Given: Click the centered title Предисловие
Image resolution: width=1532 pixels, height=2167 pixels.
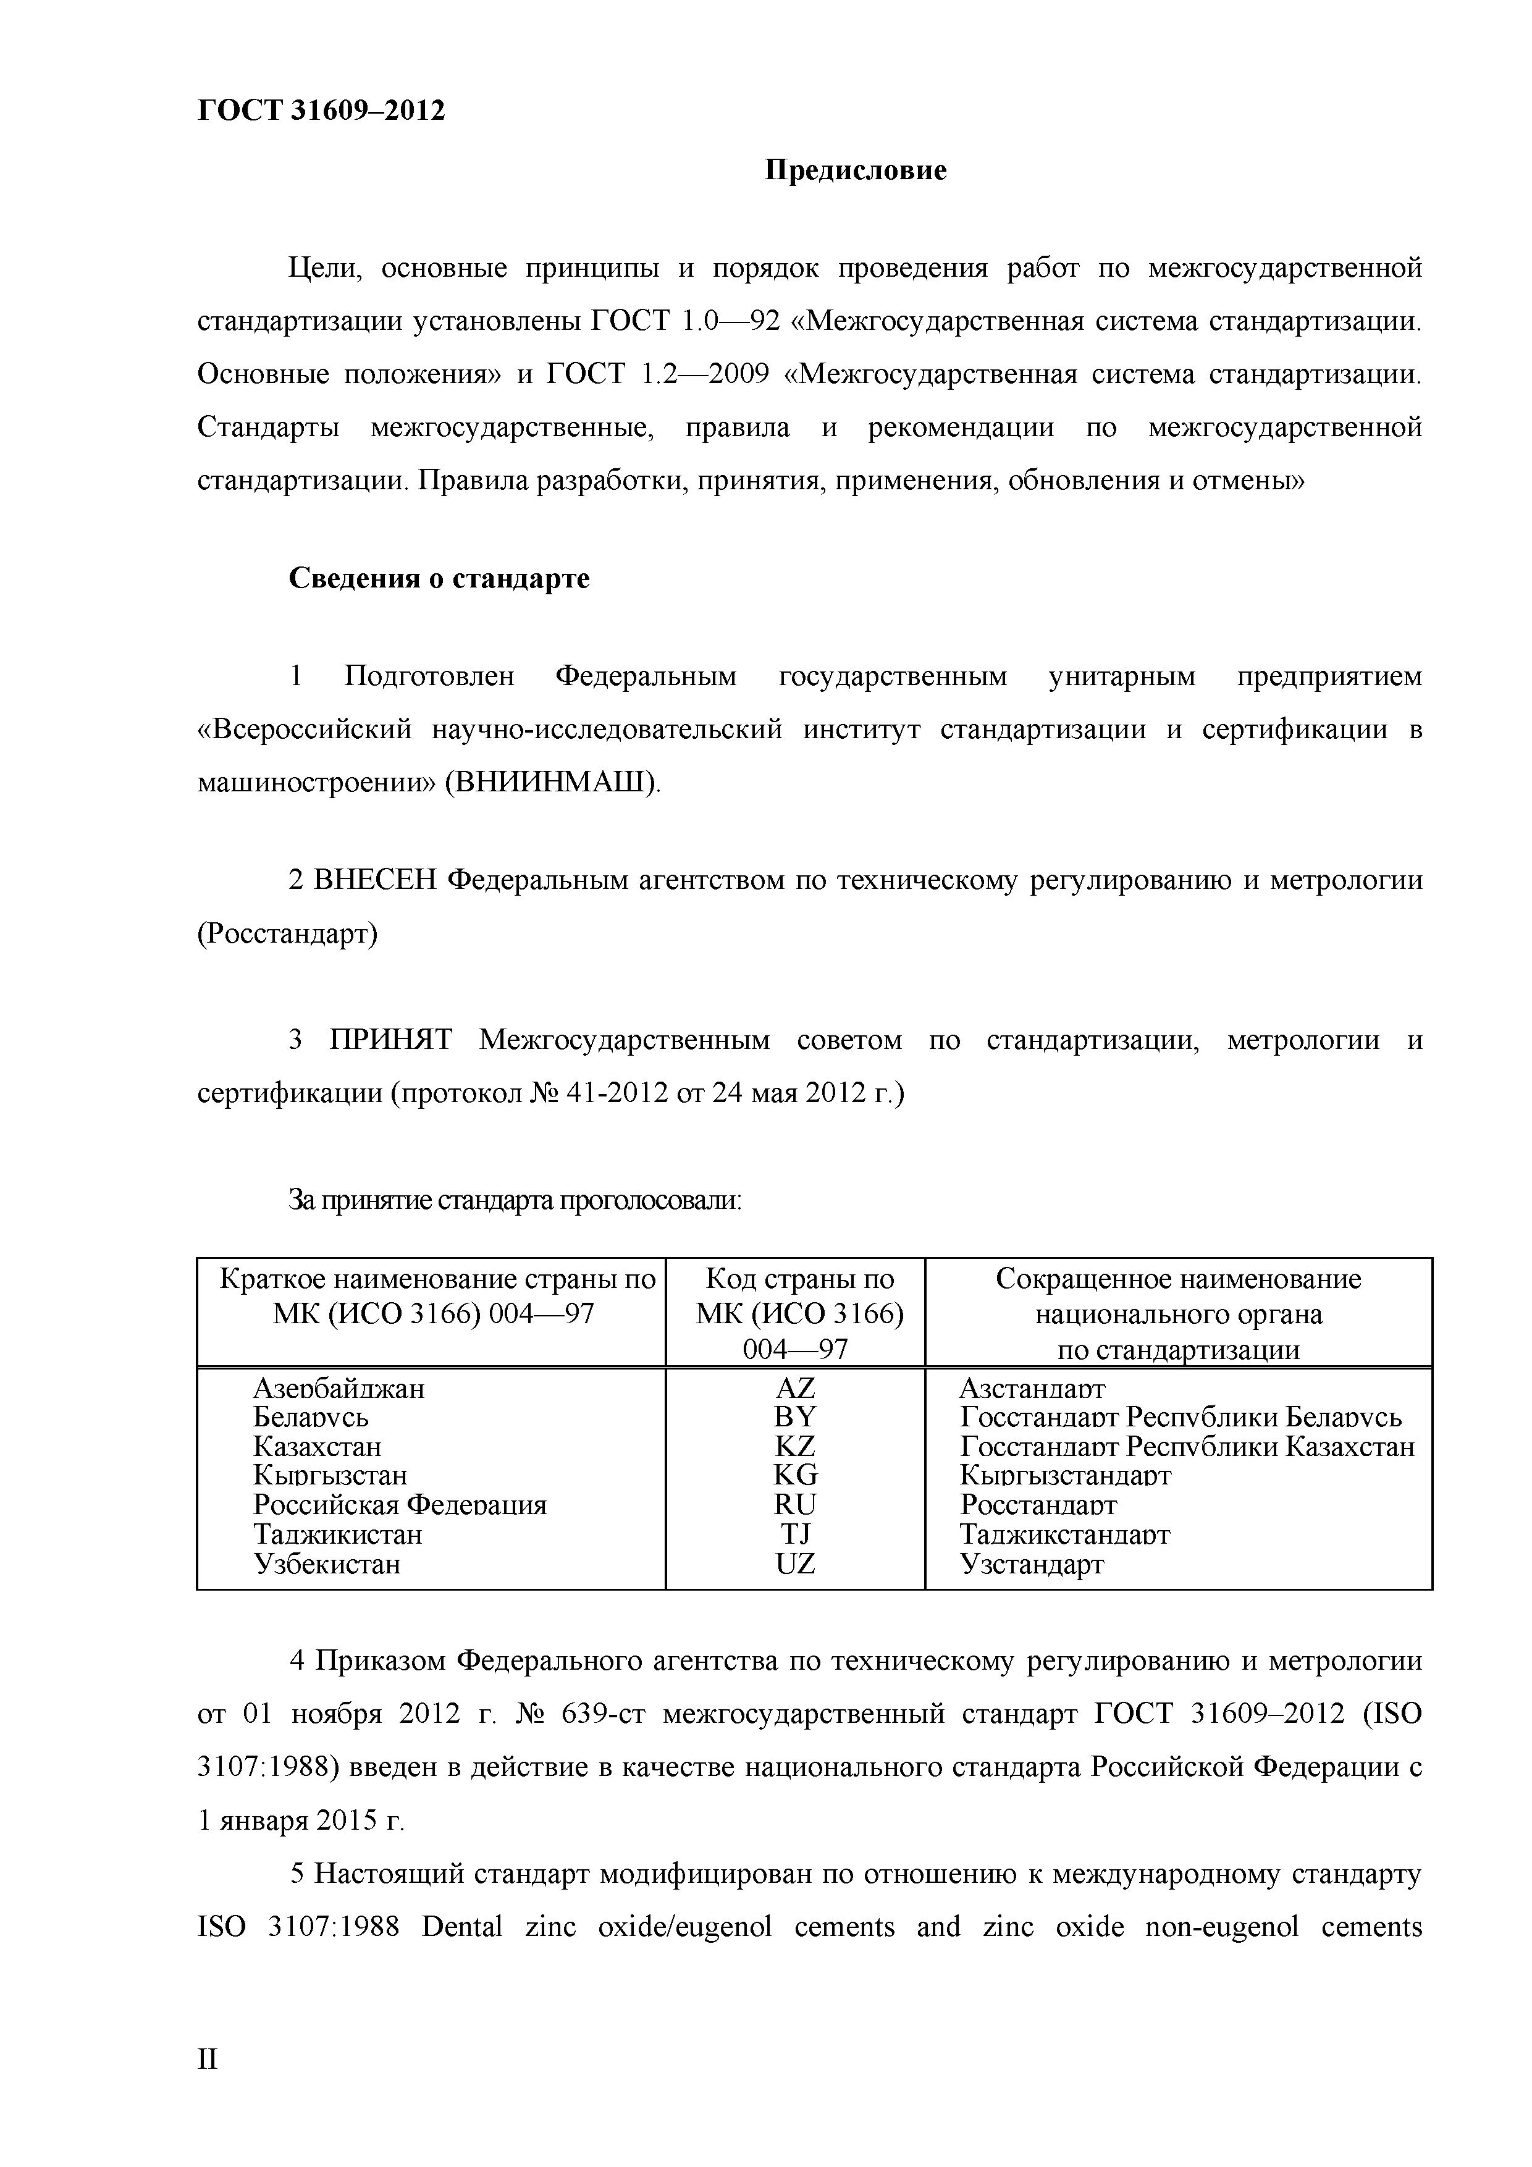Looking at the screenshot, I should click(854, 171).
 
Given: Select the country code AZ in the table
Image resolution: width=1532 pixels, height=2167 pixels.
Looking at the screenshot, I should click(795, 1389).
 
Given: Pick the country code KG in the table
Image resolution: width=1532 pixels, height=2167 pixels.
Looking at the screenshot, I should click(795, 1475).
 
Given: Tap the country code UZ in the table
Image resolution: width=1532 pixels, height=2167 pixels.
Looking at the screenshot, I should click(795, 1564).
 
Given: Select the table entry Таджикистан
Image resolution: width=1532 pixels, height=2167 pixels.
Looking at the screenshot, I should click(337, 1534).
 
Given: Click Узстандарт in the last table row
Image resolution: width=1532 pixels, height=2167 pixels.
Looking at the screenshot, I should click(1031, 1564).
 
